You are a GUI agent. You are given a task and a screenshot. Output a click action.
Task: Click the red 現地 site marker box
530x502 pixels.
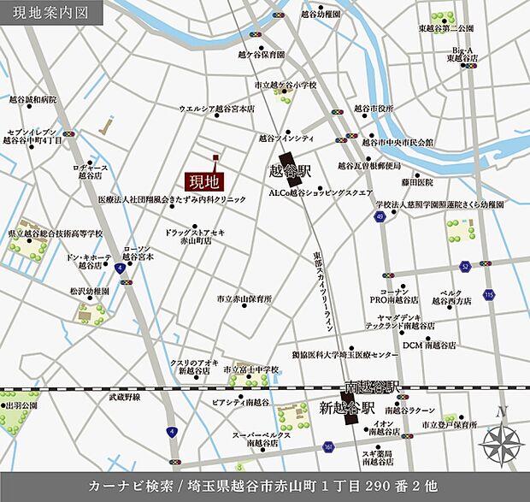point(203,181)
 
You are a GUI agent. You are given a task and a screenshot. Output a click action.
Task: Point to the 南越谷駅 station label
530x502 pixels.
point(372,387)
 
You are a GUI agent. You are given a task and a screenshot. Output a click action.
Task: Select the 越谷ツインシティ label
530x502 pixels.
point(286,138)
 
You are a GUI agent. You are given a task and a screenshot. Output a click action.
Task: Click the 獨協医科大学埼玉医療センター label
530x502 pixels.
point(344,354)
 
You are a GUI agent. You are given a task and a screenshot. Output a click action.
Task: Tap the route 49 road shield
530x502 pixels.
point(377,217)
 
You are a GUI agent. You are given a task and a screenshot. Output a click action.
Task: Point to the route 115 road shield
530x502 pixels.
point(488,295)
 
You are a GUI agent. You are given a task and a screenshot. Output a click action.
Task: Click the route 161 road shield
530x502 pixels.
point(328,446)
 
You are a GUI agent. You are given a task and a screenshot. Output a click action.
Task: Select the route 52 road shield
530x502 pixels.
point(465,266)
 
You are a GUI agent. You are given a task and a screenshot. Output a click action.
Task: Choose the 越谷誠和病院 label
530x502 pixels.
point(32,99)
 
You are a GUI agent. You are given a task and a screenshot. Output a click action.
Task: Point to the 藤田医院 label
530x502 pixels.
point(417,182)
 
